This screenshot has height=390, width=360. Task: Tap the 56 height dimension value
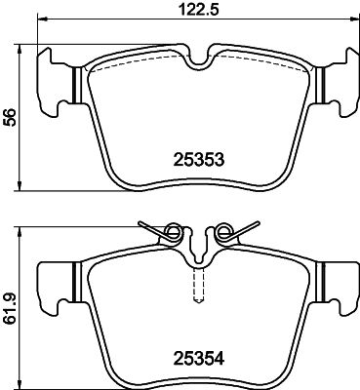pyautogui.click(x=10, y=117)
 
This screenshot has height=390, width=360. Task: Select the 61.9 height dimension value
pyautogui.click(x=10, y=308)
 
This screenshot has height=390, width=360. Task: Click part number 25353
pyautogui.click(x=199, y=160)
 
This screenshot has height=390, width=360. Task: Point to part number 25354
pyautogui.click(x=199, y=359)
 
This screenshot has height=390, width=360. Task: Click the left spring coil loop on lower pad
pyautogui.click(x=173, y=231)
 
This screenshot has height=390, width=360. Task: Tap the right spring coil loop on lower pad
pyautogui.click(x=224, y=231)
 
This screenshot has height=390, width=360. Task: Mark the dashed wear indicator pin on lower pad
pyautogui.click(x=198, y=286)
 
